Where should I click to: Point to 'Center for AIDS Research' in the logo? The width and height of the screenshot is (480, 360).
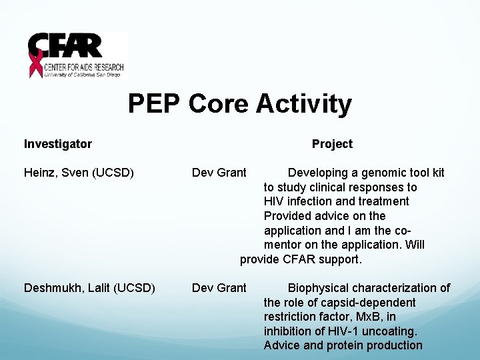pyautogui.click(x=84, y=67)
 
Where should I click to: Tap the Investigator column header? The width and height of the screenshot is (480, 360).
pyautogui.click(x=58, y=144)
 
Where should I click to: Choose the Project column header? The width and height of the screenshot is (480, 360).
pyautogui.click(x=332, y=144)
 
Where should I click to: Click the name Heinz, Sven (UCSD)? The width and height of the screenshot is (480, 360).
pyautogui.click(x=79, y=173)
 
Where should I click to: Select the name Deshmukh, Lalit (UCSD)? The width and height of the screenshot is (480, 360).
pyautogui.click(x=89, y=288)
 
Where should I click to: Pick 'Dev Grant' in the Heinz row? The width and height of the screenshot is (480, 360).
pyautogui.click(x=219, y=173)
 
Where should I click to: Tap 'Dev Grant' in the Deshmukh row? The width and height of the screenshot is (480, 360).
pyautogui.click(x=219, y=288)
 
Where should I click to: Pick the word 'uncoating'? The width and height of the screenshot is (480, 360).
pyautogui.click(x=389, y=331)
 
